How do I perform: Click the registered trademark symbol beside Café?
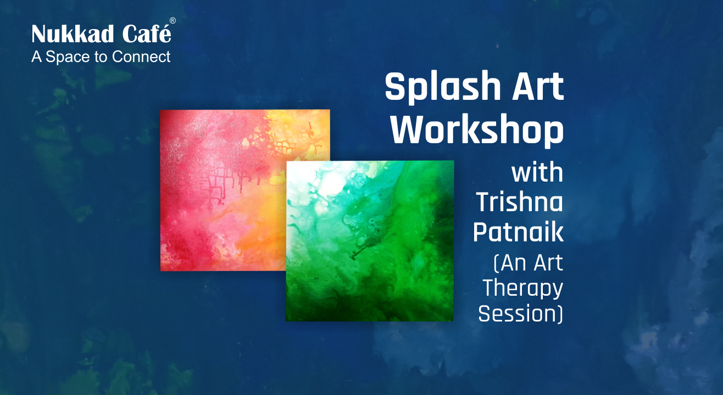click(x=173, y=21)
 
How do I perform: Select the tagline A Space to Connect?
click(x=101, y=57)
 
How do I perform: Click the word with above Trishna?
click(x=537, y=172)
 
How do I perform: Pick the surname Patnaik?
click(x=518, y=232)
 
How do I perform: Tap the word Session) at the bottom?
click(x=520, y=314)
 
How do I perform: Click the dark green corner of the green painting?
click(x=440, y=307)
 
